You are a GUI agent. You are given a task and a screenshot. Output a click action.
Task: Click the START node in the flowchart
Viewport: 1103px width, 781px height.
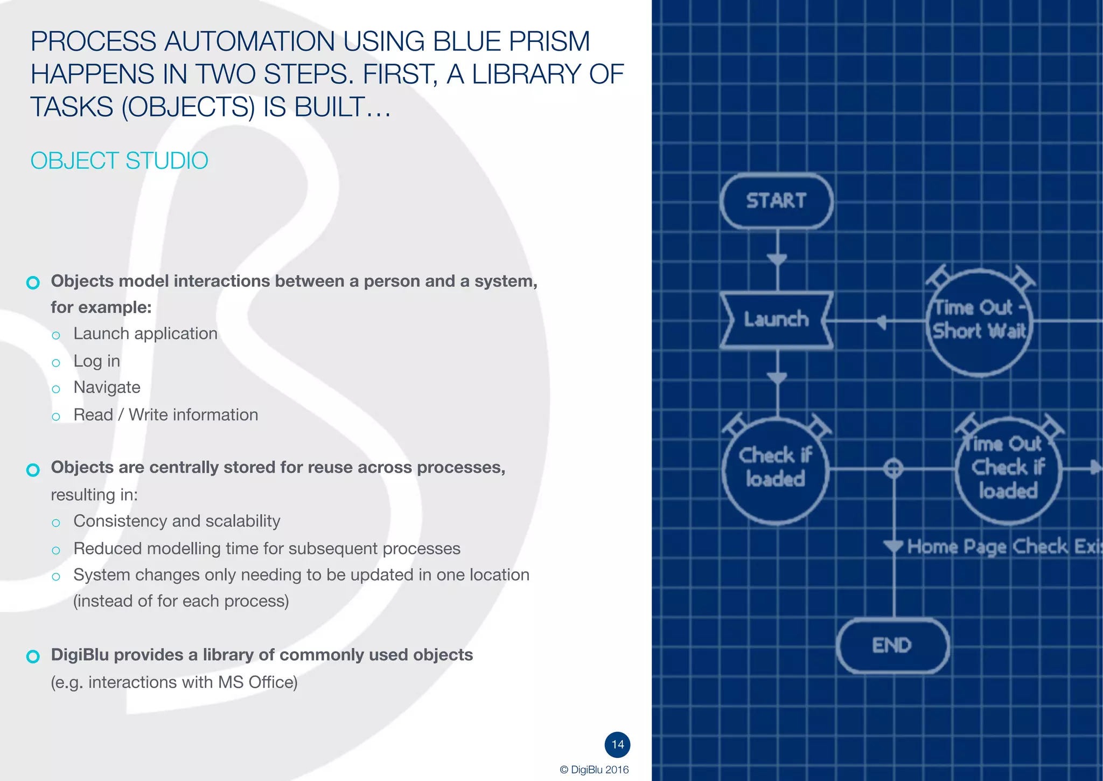click(776, 201)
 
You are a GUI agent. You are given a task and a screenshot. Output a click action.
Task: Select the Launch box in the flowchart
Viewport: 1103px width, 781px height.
click(776, 320)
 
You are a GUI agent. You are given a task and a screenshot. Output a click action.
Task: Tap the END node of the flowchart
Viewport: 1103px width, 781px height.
click(892, 645)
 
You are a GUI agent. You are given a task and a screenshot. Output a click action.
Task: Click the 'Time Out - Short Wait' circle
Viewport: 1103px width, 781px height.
click(979, 321)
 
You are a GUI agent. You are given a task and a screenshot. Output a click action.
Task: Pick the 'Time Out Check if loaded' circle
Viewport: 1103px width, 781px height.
click(1007, 469)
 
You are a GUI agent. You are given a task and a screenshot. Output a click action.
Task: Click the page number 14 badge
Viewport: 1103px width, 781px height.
click(617, 744)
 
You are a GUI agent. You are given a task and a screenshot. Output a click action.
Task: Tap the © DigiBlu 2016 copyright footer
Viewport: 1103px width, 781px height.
click(594, 770)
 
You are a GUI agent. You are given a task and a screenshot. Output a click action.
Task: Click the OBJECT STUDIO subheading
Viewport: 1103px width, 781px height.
click(119, 161)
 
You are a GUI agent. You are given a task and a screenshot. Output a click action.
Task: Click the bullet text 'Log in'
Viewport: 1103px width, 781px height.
click(96, 361)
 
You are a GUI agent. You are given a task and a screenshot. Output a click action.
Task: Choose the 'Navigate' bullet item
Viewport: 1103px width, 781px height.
click(107, 388)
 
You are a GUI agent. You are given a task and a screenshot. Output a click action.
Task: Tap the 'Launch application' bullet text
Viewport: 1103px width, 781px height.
click(145, 334)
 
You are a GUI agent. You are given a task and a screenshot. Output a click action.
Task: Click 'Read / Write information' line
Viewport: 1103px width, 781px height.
click(165, 414)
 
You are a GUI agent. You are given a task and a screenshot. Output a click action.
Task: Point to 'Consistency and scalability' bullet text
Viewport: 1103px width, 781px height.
click(177, 521)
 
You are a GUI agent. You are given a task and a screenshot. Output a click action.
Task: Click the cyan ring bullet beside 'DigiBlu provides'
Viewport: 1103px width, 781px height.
click(33, 656)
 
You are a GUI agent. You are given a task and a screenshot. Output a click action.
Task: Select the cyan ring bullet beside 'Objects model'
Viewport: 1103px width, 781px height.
click(33, 282)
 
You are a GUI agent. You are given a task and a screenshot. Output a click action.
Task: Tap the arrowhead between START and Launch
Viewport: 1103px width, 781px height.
click(777, 260)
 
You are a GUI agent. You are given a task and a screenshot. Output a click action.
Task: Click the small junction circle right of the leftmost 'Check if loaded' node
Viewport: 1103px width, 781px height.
click(893, 468)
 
